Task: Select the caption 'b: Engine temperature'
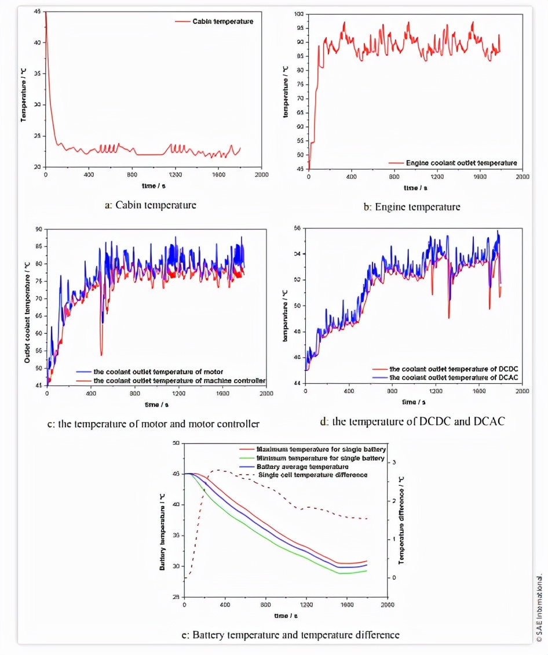tap(412, 206)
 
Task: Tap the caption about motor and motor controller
tap(153, 423)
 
